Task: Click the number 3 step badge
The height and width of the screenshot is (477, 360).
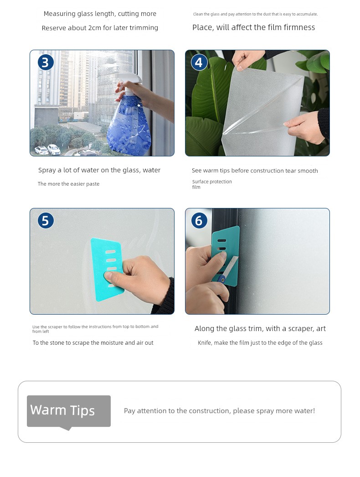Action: pyautogui.click(x=46, y=62)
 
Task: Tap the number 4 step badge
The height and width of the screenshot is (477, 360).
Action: pyautogui.click(x=199, y=62)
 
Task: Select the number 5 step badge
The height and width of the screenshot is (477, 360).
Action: pyautogui.click(x=46, y=221)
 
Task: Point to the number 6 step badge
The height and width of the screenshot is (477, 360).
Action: pyautogui.click(x=199, y=221)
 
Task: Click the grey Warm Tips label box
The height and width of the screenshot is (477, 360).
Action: pyautogui.click(x=69, y=411)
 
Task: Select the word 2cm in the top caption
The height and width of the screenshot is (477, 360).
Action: pyautogui.click(x=94, y=28)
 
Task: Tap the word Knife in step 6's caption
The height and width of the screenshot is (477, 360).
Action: pyautogui.click(x=205, y=342)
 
